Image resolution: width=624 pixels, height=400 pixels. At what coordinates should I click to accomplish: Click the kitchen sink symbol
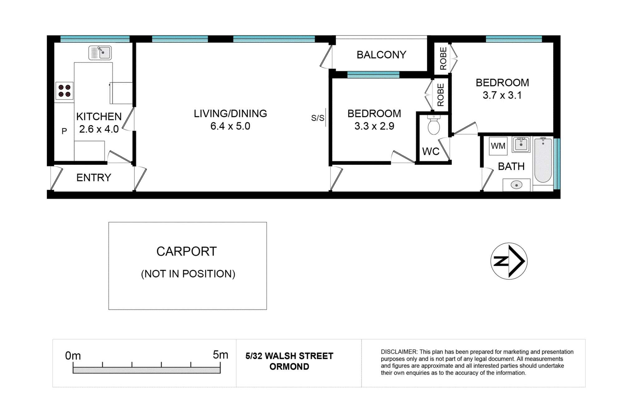[x=100, y=53]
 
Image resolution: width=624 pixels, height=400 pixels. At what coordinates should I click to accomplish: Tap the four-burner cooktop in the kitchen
[x=65, y=91]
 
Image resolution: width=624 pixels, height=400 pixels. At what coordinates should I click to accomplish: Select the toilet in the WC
[x=434, y=124]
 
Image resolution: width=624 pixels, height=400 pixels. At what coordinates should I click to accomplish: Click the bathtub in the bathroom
[x=543, y=160]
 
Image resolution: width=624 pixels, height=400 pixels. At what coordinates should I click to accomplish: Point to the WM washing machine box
[x=498, y=146]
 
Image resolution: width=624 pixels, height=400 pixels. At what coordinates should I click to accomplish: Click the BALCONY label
[x=381, y=55]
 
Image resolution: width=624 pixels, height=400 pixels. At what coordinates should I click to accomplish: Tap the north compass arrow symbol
[x=509, y=261]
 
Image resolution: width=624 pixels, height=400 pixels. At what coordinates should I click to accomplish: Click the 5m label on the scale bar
[x=221, y=355]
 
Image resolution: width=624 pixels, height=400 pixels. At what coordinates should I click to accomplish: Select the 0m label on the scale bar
[x=73, y=356]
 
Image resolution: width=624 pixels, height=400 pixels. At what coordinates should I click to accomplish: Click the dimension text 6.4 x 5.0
[x=230, y=126]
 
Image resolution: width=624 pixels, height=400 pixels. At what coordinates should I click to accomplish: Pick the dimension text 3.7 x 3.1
[x=502, y=95]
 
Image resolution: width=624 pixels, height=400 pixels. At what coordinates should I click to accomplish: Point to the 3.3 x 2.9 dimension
[x=374, y=126]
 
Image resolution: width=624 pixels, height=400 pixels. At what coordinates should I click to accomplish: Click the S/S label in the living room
[x=318, y=118]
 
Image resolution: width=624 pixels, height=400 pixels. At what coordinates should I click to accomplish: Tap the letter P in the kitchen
[x=64, y=131]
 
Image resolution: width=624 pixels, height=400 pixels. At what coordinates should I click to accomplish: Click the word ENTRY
[x=94, y=178]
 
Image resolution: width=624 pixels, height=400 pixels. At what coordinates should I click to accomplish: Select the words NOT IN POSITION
[x=188, y=274]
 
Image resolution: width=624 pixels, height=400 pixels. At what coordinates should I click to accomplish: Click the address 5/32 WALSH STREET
[x=289, y=356]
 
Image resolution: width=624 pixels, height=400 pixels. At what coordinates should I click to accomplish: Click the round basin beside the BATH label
[x=516, y=185]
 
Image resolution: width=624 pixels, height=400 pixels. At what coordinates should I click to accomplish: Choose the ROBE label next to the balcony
[x=443, y=58]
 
